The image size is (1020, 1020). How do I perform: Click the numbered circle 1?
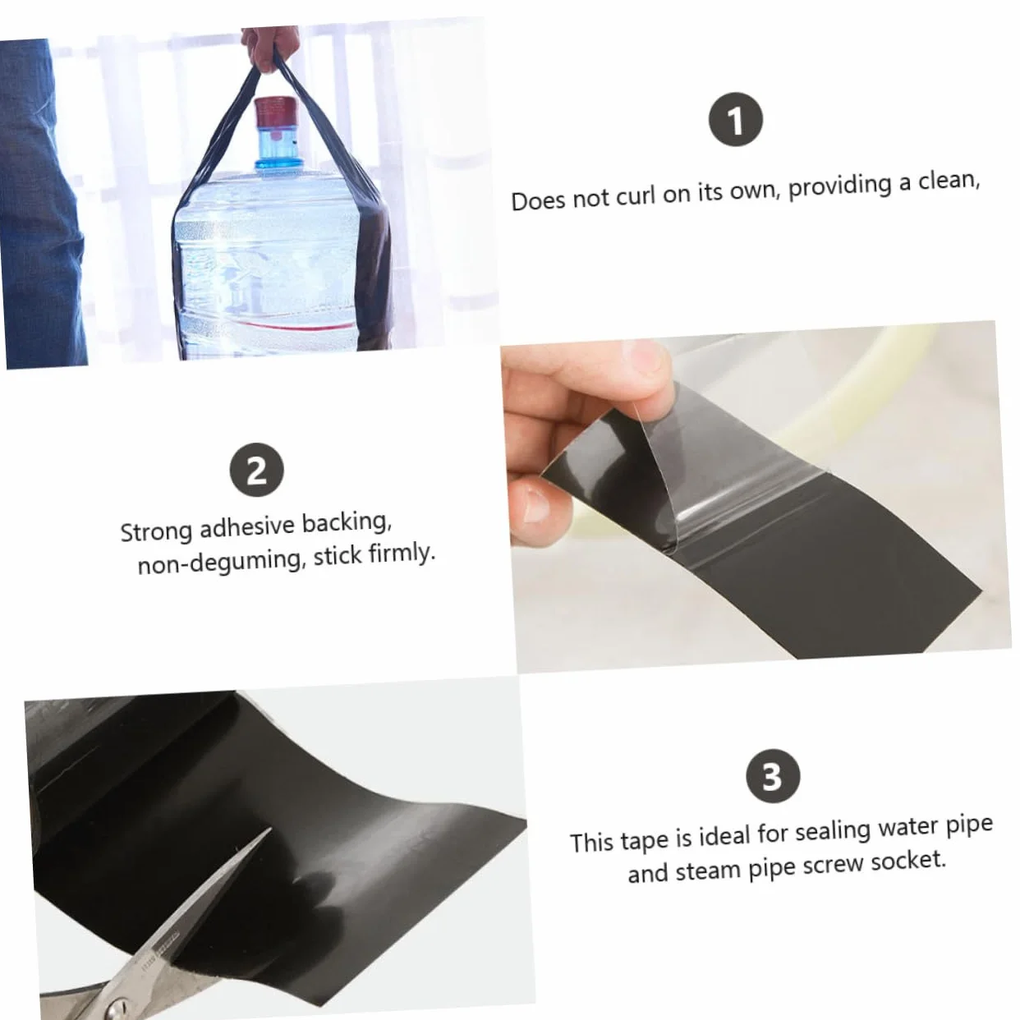coord(735,119)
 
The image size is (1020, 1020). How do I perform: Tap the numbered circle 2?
coord(257,470)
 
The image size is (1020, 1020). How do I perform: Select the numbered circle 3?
coord(772,776)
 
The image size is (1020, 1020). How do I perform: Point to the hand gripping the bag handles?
coord(269,49)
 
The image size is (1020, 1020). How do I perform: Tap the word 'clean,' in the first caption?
coord(949,181)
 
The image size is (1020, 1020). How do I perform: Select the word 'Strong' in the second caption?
coord(156,531)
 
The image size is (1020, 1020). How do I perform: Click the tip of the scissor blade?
coord(270,829)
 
